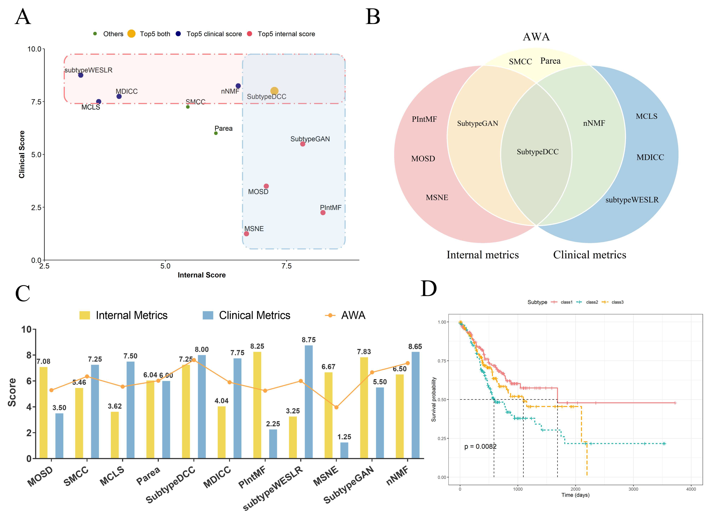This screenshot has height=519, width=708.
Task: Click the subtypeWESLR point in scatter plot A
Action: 81,75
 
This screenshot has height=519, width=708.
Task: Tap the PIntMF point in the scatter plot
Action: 323,213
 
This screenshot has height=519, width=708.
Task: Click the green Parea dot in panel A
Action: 216,133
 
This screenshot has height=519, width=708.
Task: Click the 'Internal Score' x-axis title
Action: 201,275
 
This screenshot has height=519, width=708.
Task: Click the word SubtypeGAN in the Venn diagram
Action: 477,123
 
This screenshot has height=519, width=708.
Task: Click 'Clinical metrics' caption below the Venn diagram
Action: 589,255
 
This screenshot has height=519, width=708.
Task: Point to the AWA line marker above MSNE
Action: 336,407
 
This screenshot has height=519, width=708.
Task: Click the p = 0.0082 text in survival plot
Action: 480,446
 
